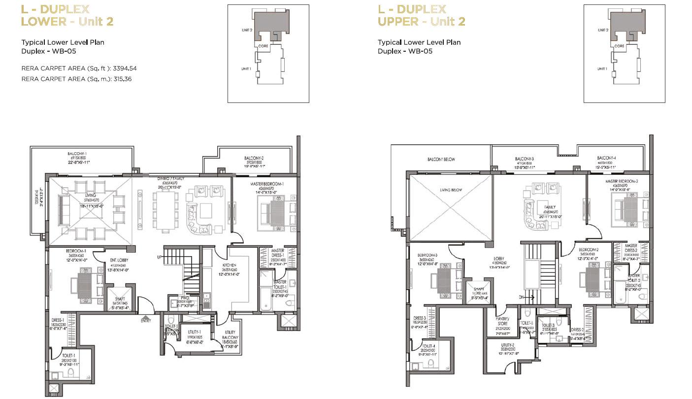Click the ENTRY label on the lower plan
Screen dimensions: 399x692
point(146,321)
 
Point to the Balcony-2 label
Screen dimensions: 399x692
point(255,159)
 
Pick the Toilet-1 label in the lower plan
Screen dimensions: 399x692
point(68,355)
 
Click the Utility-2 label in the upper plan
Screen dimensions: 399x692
point(507,345)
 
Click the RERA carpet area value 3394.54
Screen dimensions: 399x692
point(125,68)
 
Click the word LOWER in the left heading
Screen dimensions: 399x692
point(43,21)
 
